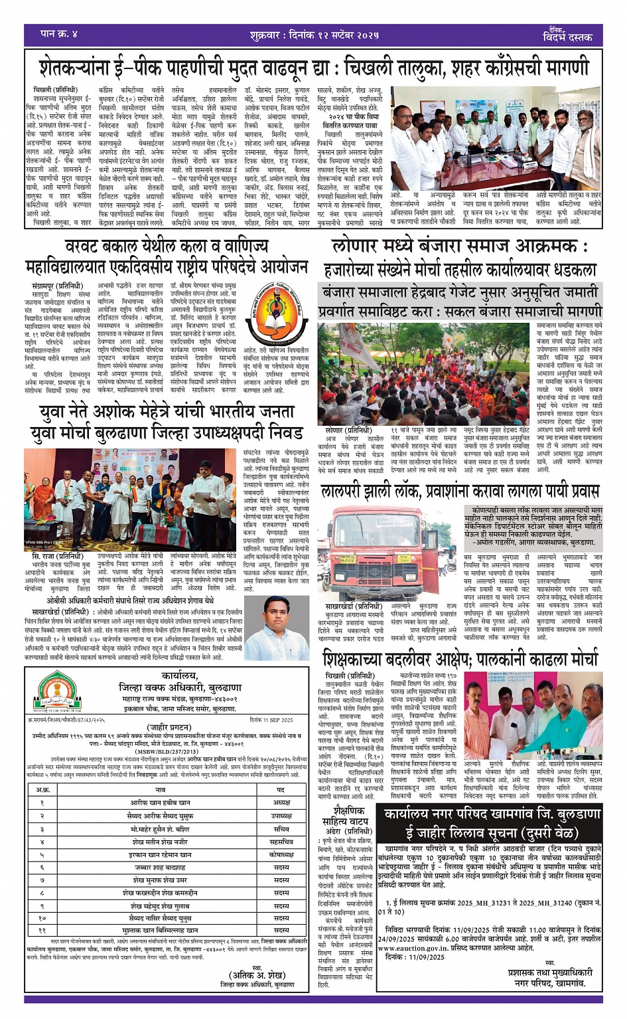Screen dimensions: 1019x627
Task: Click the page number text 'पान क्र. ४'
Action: (x=59, y=34)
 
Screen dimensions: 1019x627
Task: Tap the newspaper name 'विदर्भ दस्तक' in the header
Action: (x=567, y=37)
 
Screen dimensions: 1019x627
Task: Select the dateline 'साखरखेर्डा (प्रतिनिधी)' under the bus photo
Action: (x=354, y=606)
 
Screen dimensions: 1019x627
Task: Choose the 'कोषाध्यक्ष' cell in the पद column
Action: (x=281, y=855)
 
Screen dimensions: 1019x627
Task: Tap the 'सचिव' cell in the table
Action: (x=281, y=829)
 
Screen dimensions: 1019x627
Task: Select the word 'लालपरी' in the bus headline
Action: (x=344, y=492)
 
